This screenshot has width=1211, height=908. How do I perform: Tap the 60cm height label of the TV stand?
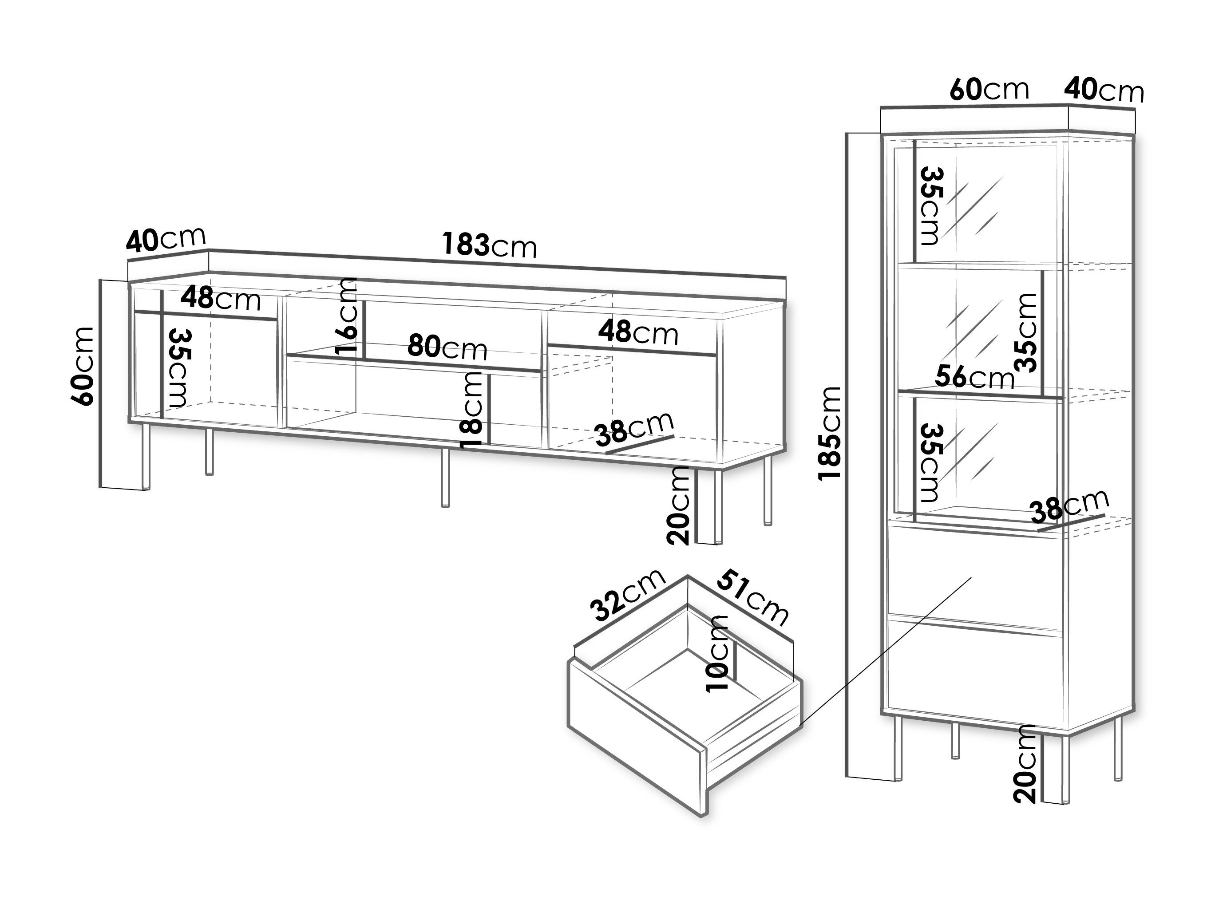83,366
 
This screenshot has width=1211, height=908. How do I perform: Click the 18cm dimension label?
472,409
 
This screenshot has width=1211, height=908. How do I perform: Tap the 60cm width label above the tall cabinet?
989,90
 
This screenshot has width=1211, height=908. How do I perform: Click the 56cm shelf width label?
974,377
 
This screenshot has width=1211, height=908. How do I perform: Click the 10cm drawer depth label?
718,653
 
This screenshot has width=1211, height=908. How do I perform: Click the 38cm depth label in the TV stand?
634,427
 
